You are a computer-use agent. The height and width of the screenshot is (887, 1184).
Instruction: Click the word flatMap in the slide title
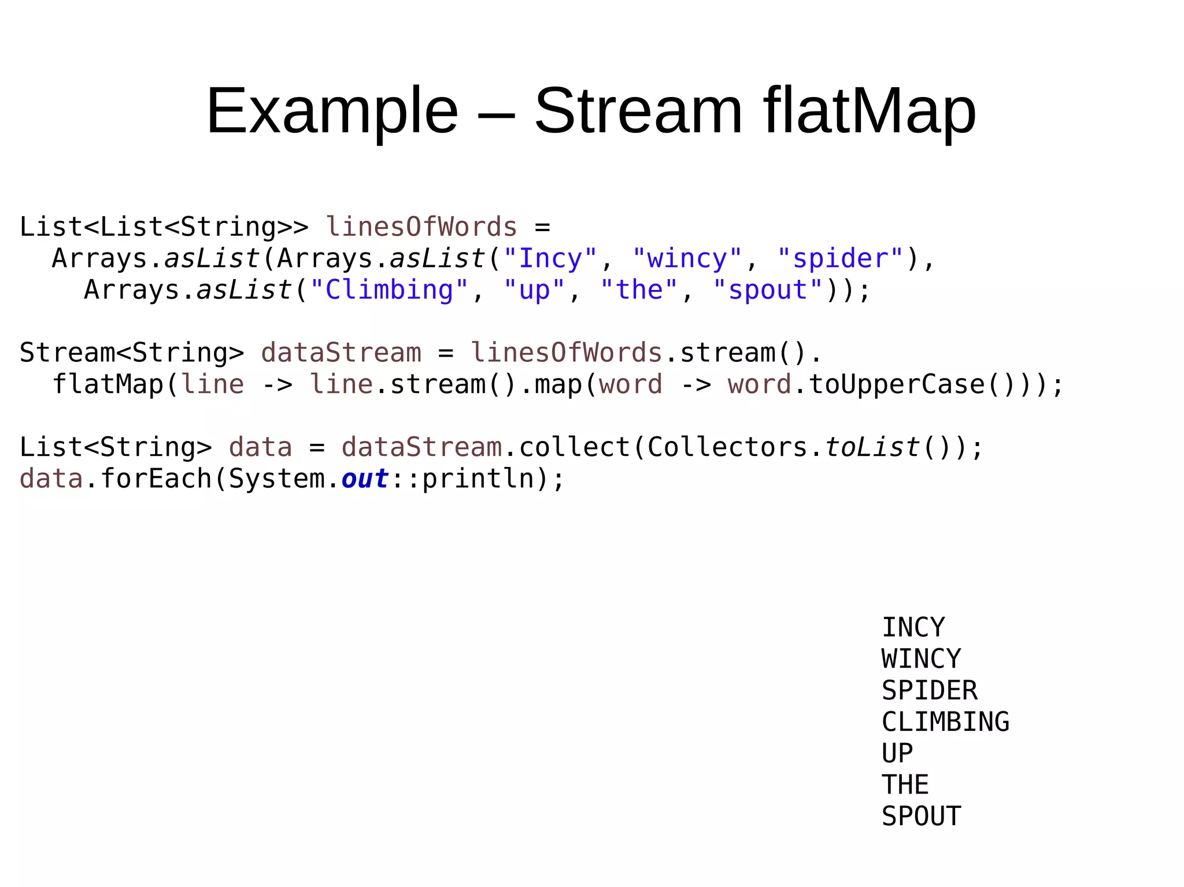point(869,111)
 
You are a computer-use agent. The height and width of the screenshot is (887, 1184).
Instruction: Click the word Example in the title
point(332,111)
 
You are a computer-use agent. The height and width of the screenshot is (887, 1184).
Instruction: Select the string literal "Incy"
point(550,258)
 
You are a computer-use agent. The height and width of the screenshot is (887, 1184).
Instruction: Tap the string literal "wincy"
point(687,258)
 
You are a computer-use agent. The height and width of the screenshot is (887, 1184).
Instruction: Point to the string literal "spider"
point(839,258)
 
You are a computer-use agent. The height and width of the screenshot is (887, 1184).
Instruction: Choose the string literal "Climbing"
point(389,290)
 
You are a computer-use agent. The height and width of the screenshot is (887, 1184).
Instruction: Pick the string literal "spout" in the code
point(767,290)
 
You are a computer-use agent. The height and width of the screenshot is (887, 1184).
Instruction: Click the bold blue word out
point(365,478)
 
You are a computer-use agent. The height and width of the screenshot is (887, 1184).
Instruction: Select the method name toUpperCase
point(896,384)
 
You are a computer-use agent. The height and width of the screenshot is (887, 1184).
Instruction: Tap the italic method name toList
point(872,447)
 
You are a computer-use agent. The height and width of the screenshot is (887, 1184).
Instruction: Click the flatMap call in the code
point(108,384)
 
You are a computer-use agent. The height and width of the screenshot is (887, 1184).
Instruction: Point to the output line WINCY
point(921,659)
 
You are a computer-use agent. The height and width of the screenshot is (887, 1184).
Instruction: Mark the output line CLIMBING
point(945,722)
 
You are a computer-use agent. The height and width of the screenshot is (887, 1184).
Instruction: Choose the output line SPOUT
point(921,816)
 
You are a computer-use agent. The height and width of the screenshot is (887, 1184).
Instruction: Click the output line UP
point(897,753)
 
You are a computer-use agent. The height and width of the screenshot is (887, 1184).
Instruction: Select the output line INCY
point(913,628)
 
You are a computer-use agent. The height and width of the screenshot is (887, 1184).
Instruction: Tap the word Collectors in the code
point(727,447)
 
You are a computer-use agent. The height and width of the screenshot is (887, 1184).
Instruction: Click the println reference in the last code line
point(478,478)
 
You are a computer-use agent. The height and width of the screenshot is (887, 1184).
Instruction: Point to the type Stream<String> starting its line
point(132,352)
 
